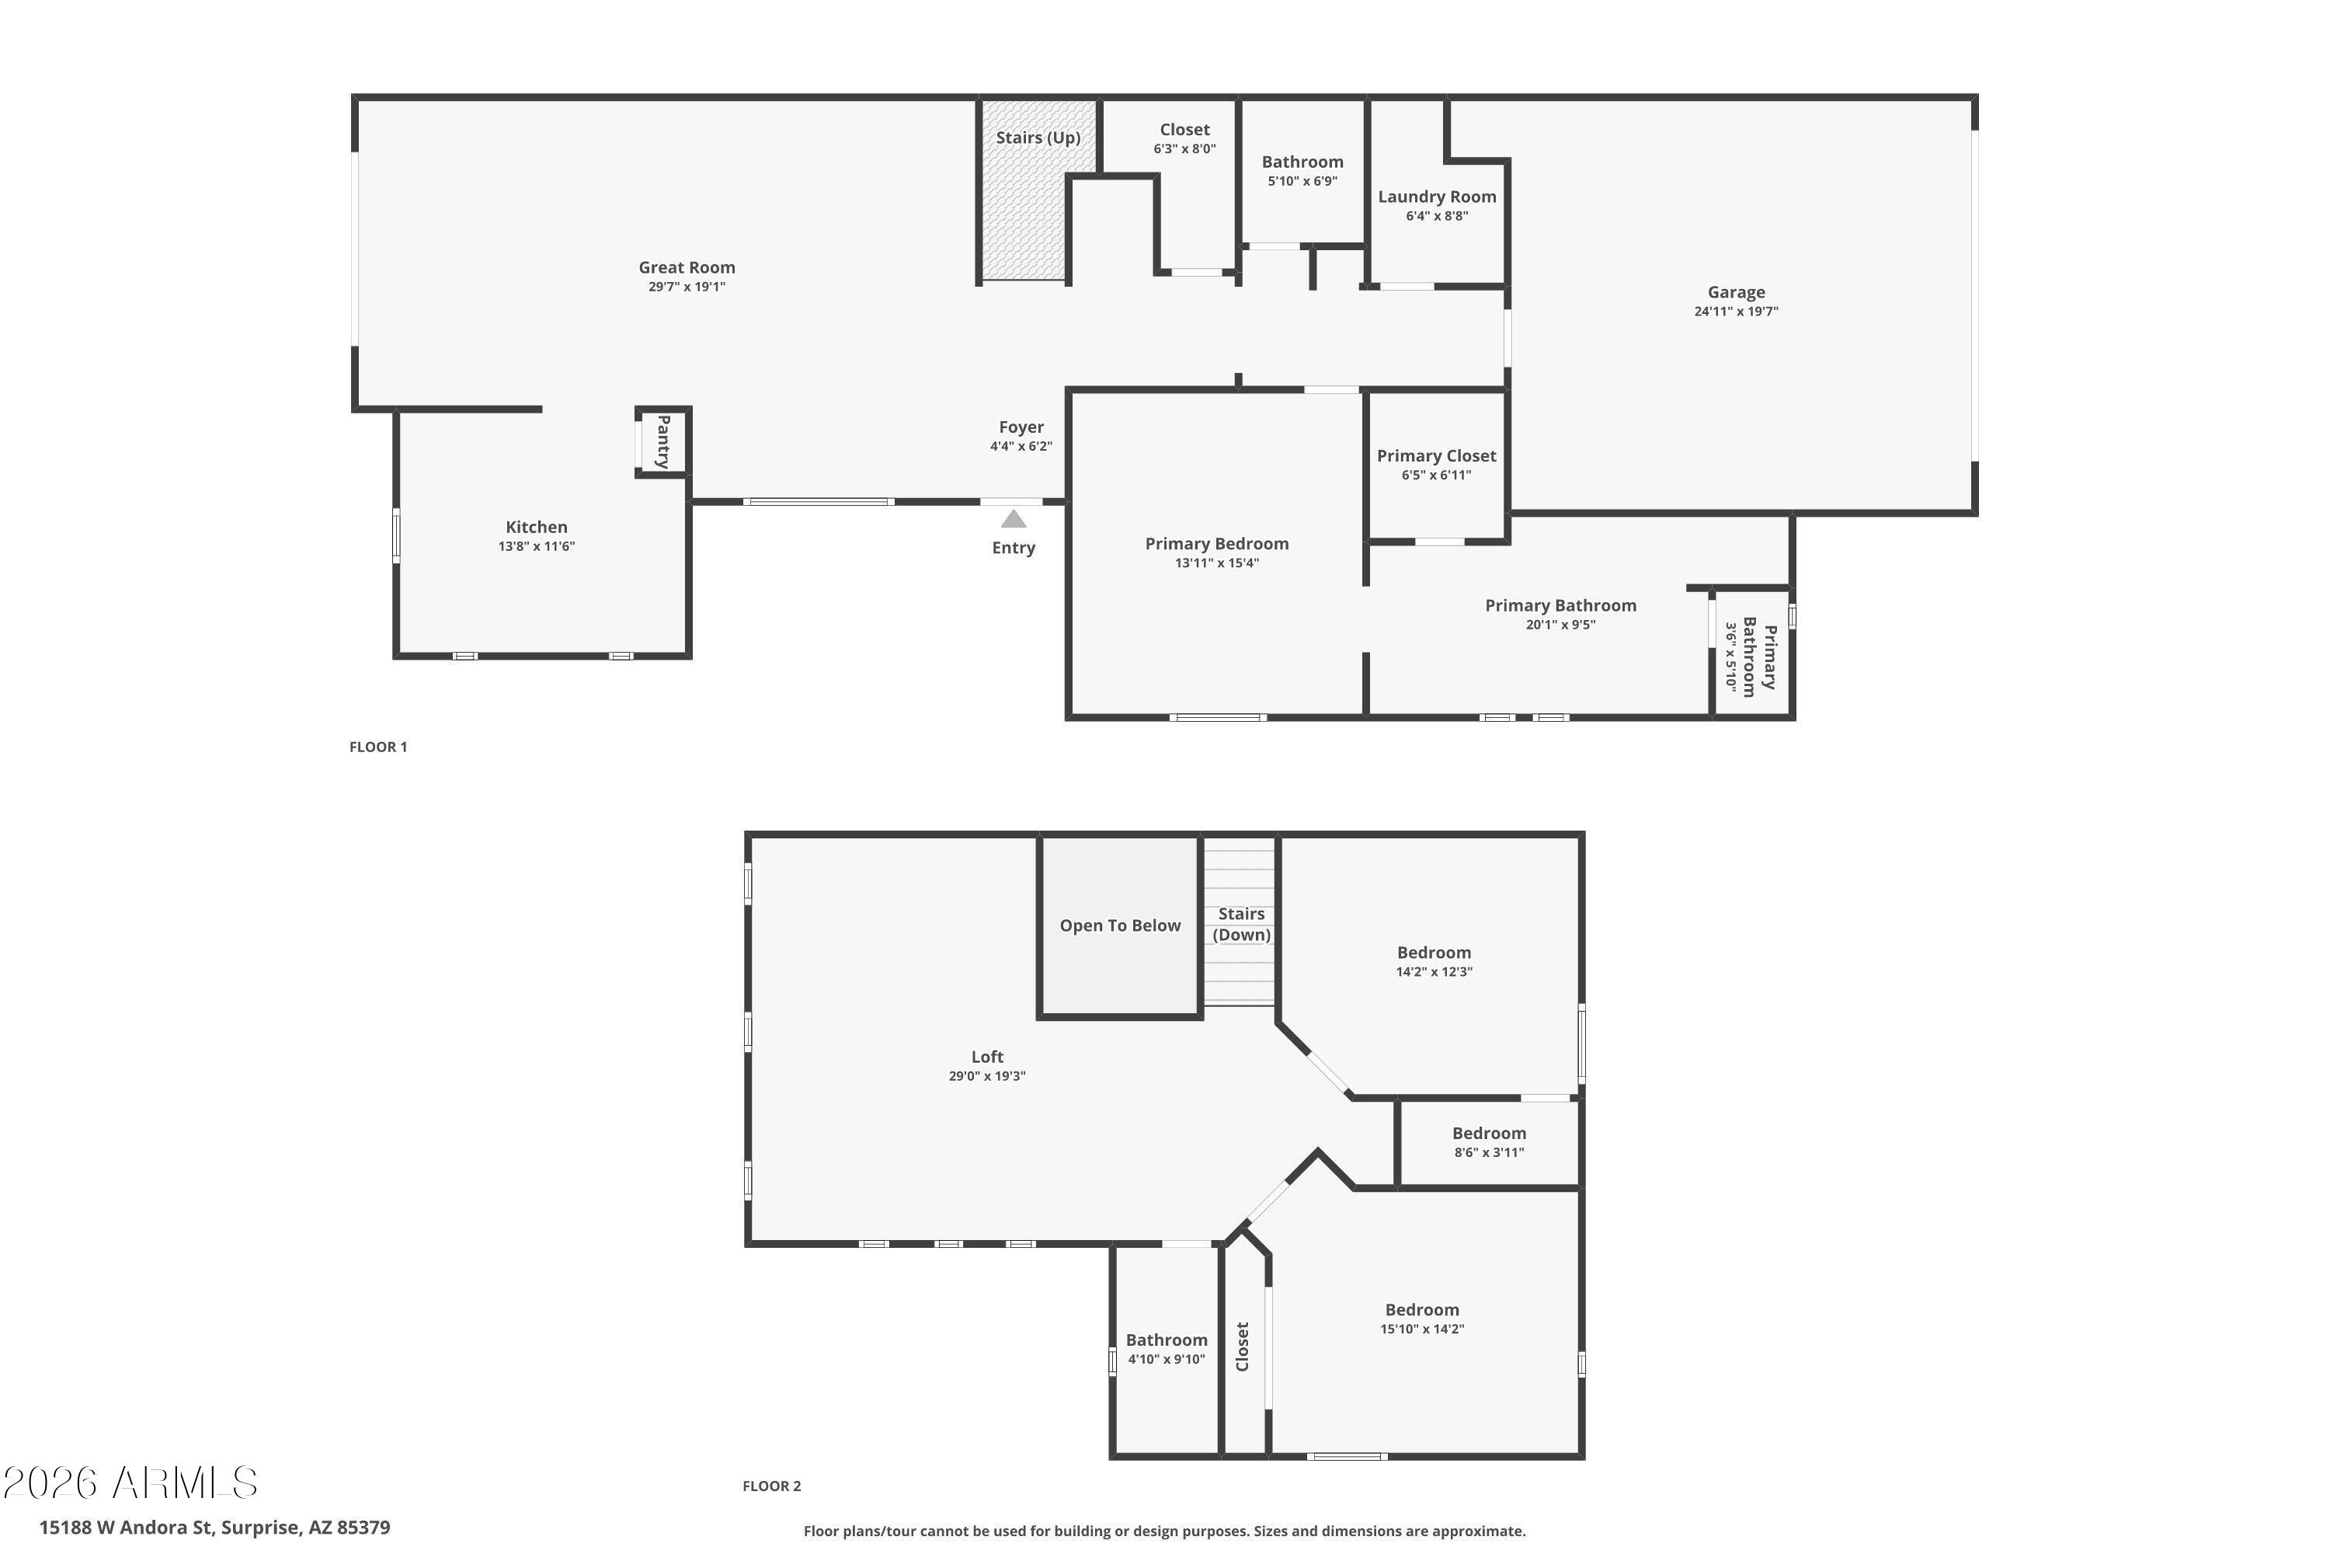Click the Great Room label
tap(687, 267)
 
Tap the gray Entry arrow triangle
tap(1014, 518)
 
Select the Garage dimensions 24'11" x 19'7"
tap(1736, 312)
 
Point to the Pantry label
tap(662, 442)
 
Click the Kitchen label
tap(537, 528)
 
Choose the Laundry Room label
tap(1436, 197)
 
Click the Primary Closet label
tap(1436, 456)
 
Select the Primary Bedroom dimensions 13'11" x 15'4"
tap(1216, 563)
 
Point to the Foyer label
tap(1021, 427)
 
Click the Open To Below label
tap(1121, 925)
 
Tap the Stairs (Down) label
tap(1241, 925)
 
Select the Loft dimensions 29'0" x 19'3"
tap(986, 1076)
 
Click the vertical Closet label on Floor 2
tap(1242, 1347)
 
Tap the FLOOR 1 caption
tap(378, 747)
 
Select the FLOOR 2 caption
tap(772, 1486)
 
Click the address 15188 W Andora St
tap(126, 1528)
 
